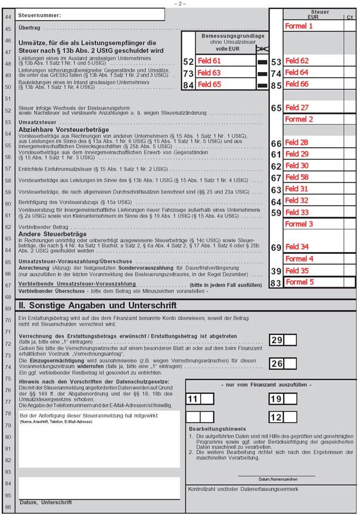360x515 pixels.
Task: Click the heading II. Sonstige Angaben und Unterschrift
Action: [98, 305]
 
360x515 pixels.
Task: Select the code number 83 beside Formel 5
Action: [276, 282]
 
